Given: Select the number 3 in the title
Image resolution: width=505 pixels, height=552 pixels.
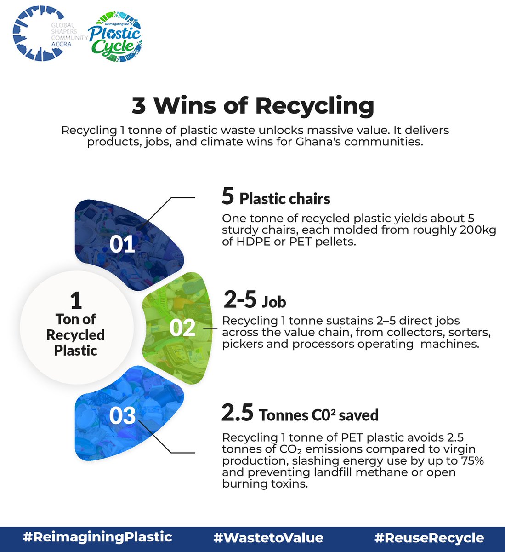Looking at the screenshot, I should pos(138,106).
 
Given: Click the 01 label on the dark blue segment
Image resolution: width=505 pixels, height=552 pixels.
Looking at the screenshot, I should pos(122,244).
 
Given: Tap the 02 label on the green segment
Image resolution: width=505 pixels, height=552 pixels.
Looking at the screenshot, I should pos(182,328).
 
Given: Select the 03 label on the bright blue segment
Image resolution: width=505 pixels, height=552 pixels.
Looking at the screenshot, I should pos(122,416).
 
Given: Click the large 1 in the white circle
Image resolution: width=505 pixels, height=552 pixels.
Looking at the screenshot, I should pos(76,301).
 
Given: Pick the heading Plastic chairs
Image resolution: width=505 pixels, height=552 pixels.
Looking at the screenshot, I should pos(285,199).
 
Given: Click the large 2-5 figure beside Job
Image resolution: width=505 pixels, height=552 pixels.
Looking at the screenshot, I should pos(240,300).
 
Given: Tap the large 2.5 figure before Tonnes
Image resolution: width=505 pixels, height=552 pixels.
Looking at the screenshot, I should pos(237,413).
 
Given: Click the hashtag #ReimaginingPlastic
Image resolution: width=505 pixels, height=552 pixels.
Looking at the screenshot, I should pos(97,537).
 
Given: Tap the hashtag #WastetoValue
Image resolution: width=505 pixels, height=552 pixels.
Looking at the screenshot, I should pos(268,538).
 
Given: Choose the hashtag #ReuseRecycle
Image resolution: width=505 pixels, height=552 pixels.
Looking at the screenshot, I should pos(429,538).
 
